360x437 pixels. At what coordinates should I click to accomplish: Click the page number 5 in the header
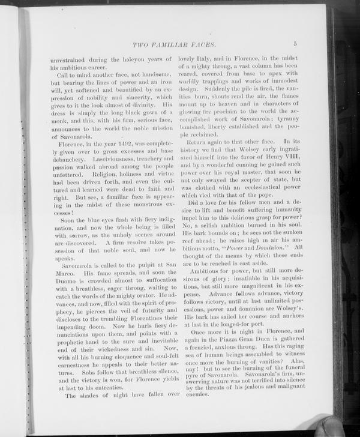(295, 43)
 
